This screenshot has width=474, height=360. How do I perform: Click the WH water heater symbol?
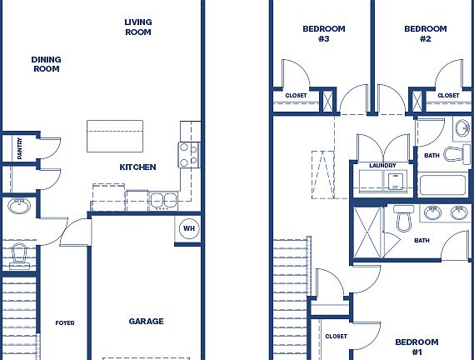(188, 228)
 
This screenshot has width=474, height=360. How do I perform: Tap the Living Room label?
(137, 27)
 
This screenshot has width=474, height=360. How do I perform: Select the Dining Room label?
(46, 64)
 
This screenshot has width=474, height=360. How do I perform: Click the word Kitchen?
(137, 167)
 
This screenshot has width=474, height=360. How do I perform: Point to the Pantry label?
(19, 148)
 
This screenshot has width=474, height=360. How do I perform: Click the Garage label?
(146, 322)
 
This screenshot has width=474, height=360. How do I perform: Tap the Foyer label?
(65, 322)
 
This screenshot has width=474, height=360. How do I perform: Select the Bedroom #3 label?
(323, 33)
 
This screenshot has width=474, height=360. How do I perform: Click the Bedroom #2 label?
(425, 33)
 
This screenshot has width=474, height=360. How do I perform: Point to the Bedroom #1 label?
(416, 347)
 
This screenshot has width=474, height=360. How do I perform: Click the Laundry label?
(382, 165)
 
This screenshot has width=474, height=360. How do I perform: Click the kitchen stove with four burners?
(189, 153)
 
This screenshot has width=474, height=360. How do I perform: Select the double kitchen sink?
(163, 199)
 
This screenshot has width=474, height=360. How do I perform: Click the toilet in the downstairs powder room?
(19, 255)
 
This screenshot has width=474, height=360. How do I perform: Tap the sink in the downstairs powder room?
(18, 205)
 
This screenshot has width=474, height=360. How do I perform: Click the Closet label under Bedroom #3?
(296, 96)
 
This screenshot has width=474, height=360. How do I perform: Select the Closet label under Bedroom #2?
(447, 96)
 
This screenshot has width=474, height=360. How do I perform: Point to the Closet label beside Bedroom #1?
(336, 336)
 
